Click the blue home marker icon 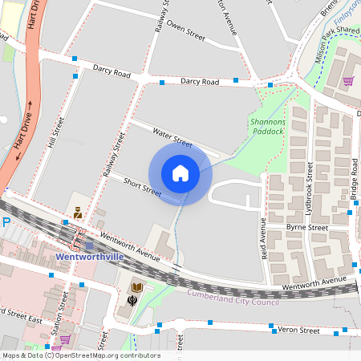click(x=180, y=173)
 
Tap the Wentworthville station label click(x=90, y=258)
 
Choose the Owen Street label click(x=185, y=34)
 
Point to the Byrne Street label click(x=308, y=228)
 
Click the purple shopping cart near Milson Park click(x=348, y=80)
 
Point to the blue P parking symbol click(x=5, y=222)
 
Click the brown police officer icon click(x=79, y=213)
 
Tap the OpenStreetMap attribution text click(x=80, y=355)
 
